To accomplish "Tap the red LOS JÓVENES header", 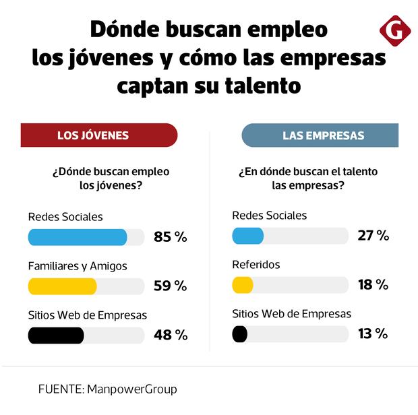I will pyautogui.click(x=98, y=135).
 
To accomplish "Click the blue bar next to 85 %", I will pyautogui.click(x=78, y=237).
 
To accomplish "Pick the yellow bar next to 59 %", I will pyautogui.click(x=63, y=286).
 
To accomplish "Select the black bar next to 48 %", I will pyautogui.click(x=56, y=335).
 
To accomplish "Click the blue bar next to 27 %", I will pyautogui.click(x=247, y=236).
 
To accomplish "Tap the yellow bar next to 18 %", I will pyautogui.click(x=242, y=285).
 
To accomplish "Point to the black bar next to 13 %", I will pyautogui.click(x=239, y=333).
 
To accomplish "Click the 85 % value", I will pyautogui.click(x=171, y=237).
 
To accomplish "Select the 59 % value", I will pyautogui.click(x=171, y=286).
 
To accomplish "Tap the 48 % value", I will pyautogui.click(x=171, y=335).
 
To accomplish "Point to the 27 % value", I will pyautogui.click(x=374, y=236).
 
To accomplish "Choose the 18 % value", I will pyautogui.click(x=374, y=285).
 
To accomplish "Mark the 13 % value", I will pyautogui.click(x=374, y=333).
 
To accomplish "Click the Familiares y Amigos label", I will pyautogui.click(x=78, y=266).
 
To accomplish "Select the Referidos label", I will pyautogui.click(x=256, y=265).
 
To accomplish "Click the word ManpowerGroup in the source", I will pyautogui.click(x=132, y=389).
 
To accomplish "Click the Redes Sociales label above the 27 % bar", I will pyautogui.click(x=269, y=216).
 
